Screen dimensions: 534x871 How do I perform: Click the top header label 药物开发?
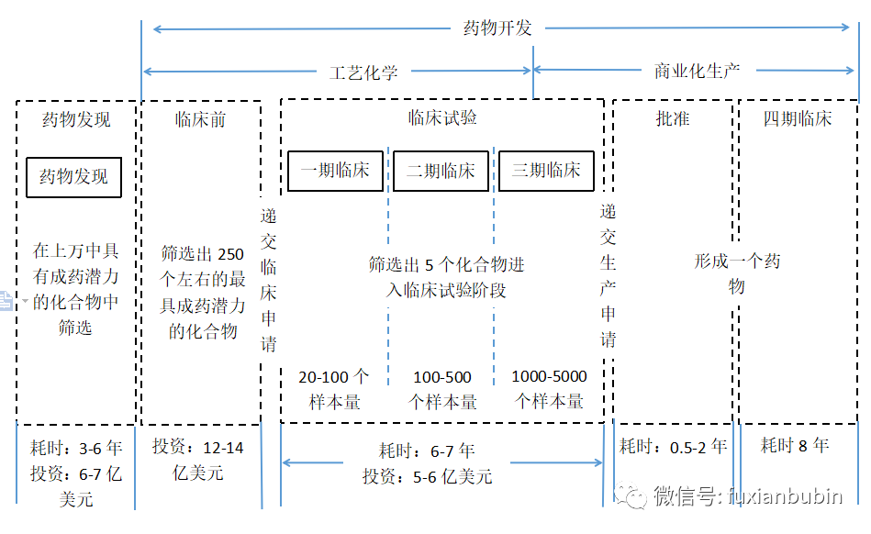tap(497, 28)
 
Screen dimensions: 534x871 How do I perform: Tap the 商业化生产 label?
tap(697, 71)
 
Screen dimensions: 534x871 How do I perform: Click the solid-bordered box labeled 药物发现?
tap(73, 177)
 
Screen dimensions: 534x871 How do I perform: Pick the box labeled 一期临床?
tap(335, 171)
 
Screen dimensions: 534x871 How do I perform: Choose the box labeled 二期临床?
tap(441, 171)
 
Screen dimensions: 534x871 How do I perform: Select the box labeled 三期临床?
tap(546, 171)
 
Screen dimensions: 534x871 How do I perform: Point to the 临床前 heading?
tap(200, 119)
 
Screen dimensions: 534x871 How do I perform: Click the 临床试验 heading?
tap(442, 118)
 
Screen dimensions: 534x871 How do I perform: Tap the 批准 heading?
tap(673, 118)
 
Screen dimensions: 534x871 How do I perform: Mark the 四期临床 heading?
tap(798, 118)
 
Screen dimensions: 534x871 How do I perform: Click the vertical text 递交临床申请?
tap(268, 281)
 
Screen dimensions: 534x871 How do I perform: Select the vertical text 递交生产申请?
tap(608, 275)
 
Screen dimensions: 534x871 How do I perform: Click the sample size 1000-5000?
tap(549, 376)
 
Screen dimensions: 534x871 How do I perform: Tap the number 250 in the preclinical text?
tap(231, 254)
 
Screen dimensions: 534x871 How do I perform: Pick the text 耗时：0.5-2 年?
tap(673, 447)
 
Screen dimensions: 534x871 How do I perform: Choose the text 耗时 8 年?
tap(795, 446)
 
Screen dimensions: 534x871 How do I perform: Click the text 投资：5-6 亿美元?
tap(427, 476)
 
